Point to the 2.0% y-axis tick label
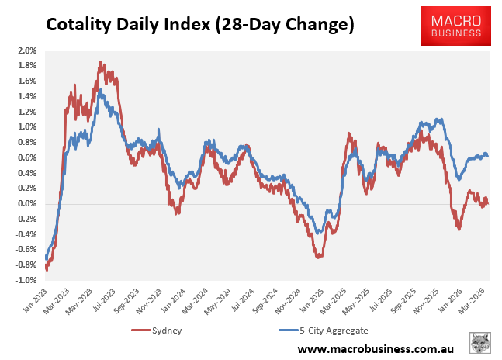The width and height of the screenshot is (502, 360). (27, 50)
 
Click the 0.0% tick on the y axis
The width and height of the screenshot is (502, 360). (27, 204)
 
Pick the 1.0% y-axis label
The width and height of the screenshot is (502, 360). (27, 127)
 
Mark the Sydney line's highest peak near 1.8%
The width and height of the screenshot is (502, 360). (101, 62)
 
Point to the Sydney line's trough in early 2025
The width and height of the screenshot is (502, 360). (319, 256)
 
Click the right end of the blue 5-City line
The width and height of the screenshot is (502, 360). (487, 156)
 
